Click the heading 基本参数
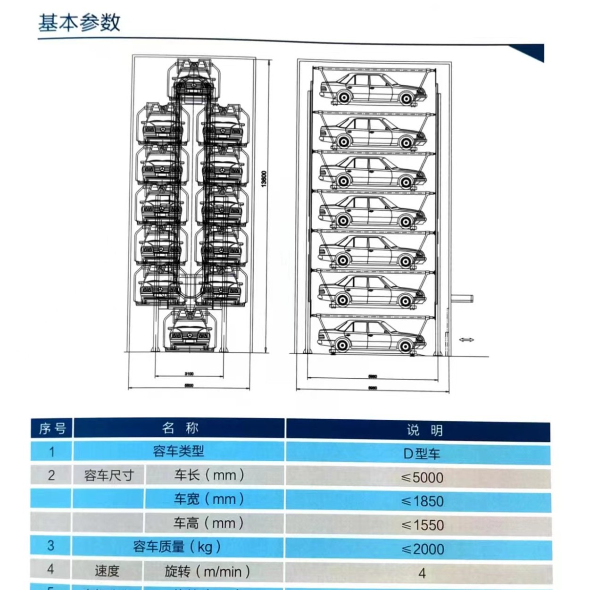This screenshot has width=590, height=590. tap(79, 22)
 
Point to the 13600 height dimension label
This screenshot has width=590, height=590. tap(264, 179)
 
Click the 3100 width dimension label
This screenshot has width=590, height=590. tap(189, 374)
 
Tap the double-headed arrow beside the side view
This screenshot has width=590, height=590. tap(466, 340)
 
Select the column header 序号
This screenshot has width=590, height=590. tap(52, 429)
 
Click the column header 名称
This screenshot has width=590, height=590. tap(180, 428)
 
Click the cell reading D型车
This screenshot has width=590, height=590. tap(422, 454)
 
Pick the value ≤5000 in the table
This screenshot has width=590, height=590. tap(422, 477)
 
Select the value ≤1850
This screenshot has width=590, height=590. tap(422, 501)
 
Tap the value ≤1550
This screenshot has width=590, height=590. tap(422, 525)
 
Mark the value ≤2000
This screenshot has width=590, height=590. tap(422, 549)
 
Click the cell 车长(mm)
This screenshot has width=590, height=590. tap(209, 475)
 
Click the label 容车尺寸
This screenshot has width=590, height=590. tap(109, 475)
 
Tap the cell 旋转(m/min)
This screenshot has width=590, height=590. tap(207, 572)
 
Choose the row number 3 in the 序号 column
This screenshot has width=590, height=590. tap(51, 546)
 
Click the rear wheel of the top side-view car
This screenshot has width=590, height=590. tap(406, 99)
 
